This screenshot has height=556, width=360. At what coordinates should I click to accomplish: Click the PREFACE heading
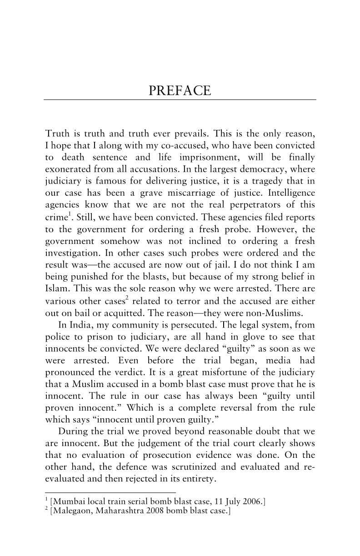(x=180, y=90)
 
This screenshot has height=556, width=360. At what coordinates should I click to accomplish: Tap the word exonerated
(x=70, y=170)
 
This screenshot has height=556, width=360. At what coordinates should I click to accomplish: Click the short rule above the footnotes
(x=110, y=492)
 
